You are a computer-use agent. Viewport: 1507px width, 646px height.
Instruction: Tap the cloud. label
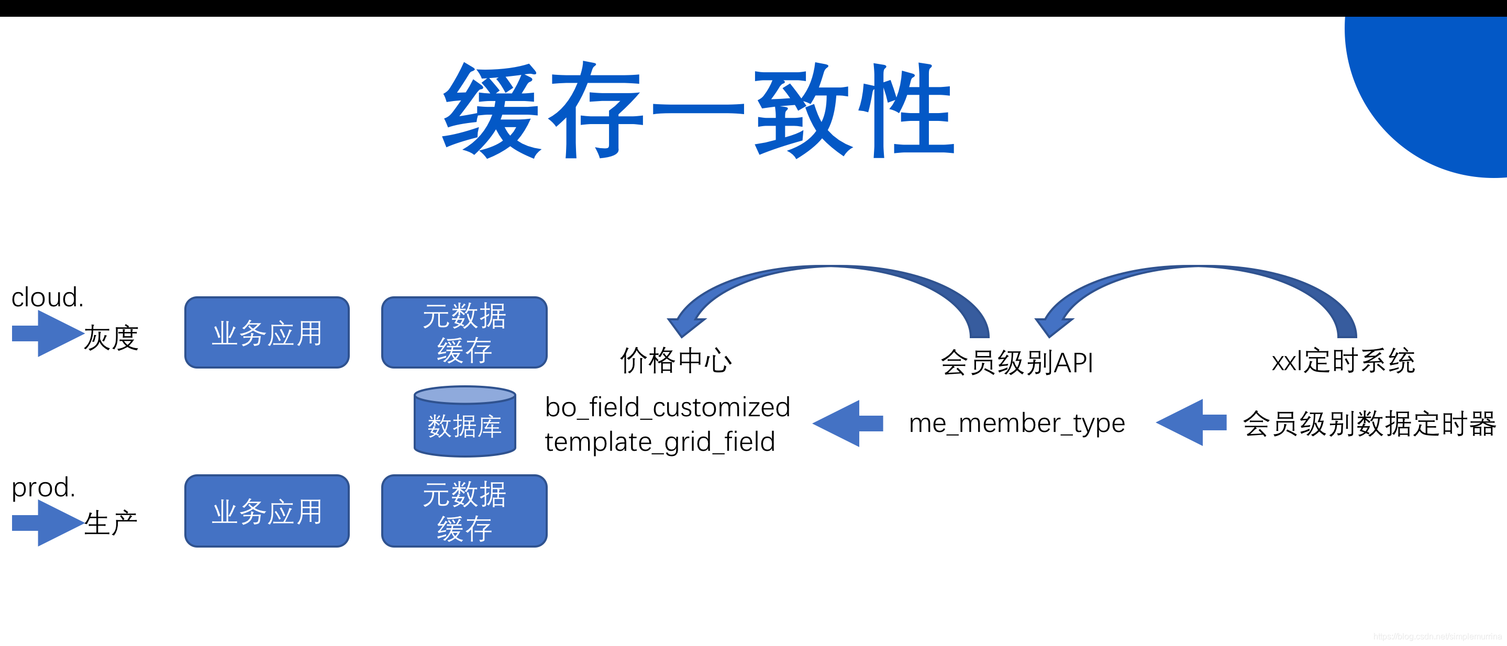point(47,297)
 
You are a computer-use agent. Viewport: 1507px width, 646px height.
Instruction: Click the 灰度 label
point(111,338)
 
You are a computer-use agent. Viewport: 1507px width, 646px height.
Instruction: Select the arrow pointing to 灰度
point(47,333)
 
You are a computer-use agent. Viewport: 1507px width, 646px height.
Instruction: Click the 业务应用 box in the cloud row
point(267,332)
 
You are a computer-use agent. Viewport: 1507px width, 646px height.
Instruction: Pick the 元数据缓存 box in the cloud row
point(464,332)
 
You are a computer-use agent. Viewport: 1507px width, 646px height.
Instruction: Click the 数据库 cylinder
point(464,422)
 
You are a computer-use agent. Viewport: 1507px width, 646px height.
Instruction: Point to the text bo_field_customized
point(667,407)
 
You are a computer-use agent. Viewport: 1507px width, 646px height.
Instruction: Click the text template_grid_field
point(659,442)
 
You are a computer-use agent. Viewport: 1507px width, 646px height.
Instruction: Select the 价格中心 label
point(675,361)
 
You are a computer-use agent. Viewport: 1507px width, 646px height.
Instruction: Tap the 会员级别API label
point(1017,362)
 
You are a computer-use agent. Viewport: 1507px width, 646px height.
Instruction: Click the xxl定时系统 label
point(1343,361)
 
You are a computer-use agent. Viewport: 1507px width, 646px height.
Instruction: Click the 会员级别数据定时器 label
point(1369,424)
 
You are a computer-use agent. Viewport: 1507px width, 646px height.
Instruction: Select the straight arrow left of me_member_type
point(848,424)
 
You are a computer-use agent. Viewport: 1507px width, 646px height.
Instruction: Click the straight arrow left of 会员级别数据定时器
point(1191,422)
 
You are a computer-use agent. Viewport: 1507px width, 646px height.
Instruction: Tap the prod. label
point(44,487)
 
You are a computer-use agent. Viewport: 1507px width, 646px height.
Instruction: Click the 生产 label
point(110,522)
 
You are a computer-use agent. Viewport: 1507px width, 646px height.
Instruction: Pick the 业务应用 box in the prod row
point(267,511)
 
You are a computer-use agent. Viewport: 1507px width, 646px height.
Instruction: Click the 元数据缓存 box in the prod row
point(464,511)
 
